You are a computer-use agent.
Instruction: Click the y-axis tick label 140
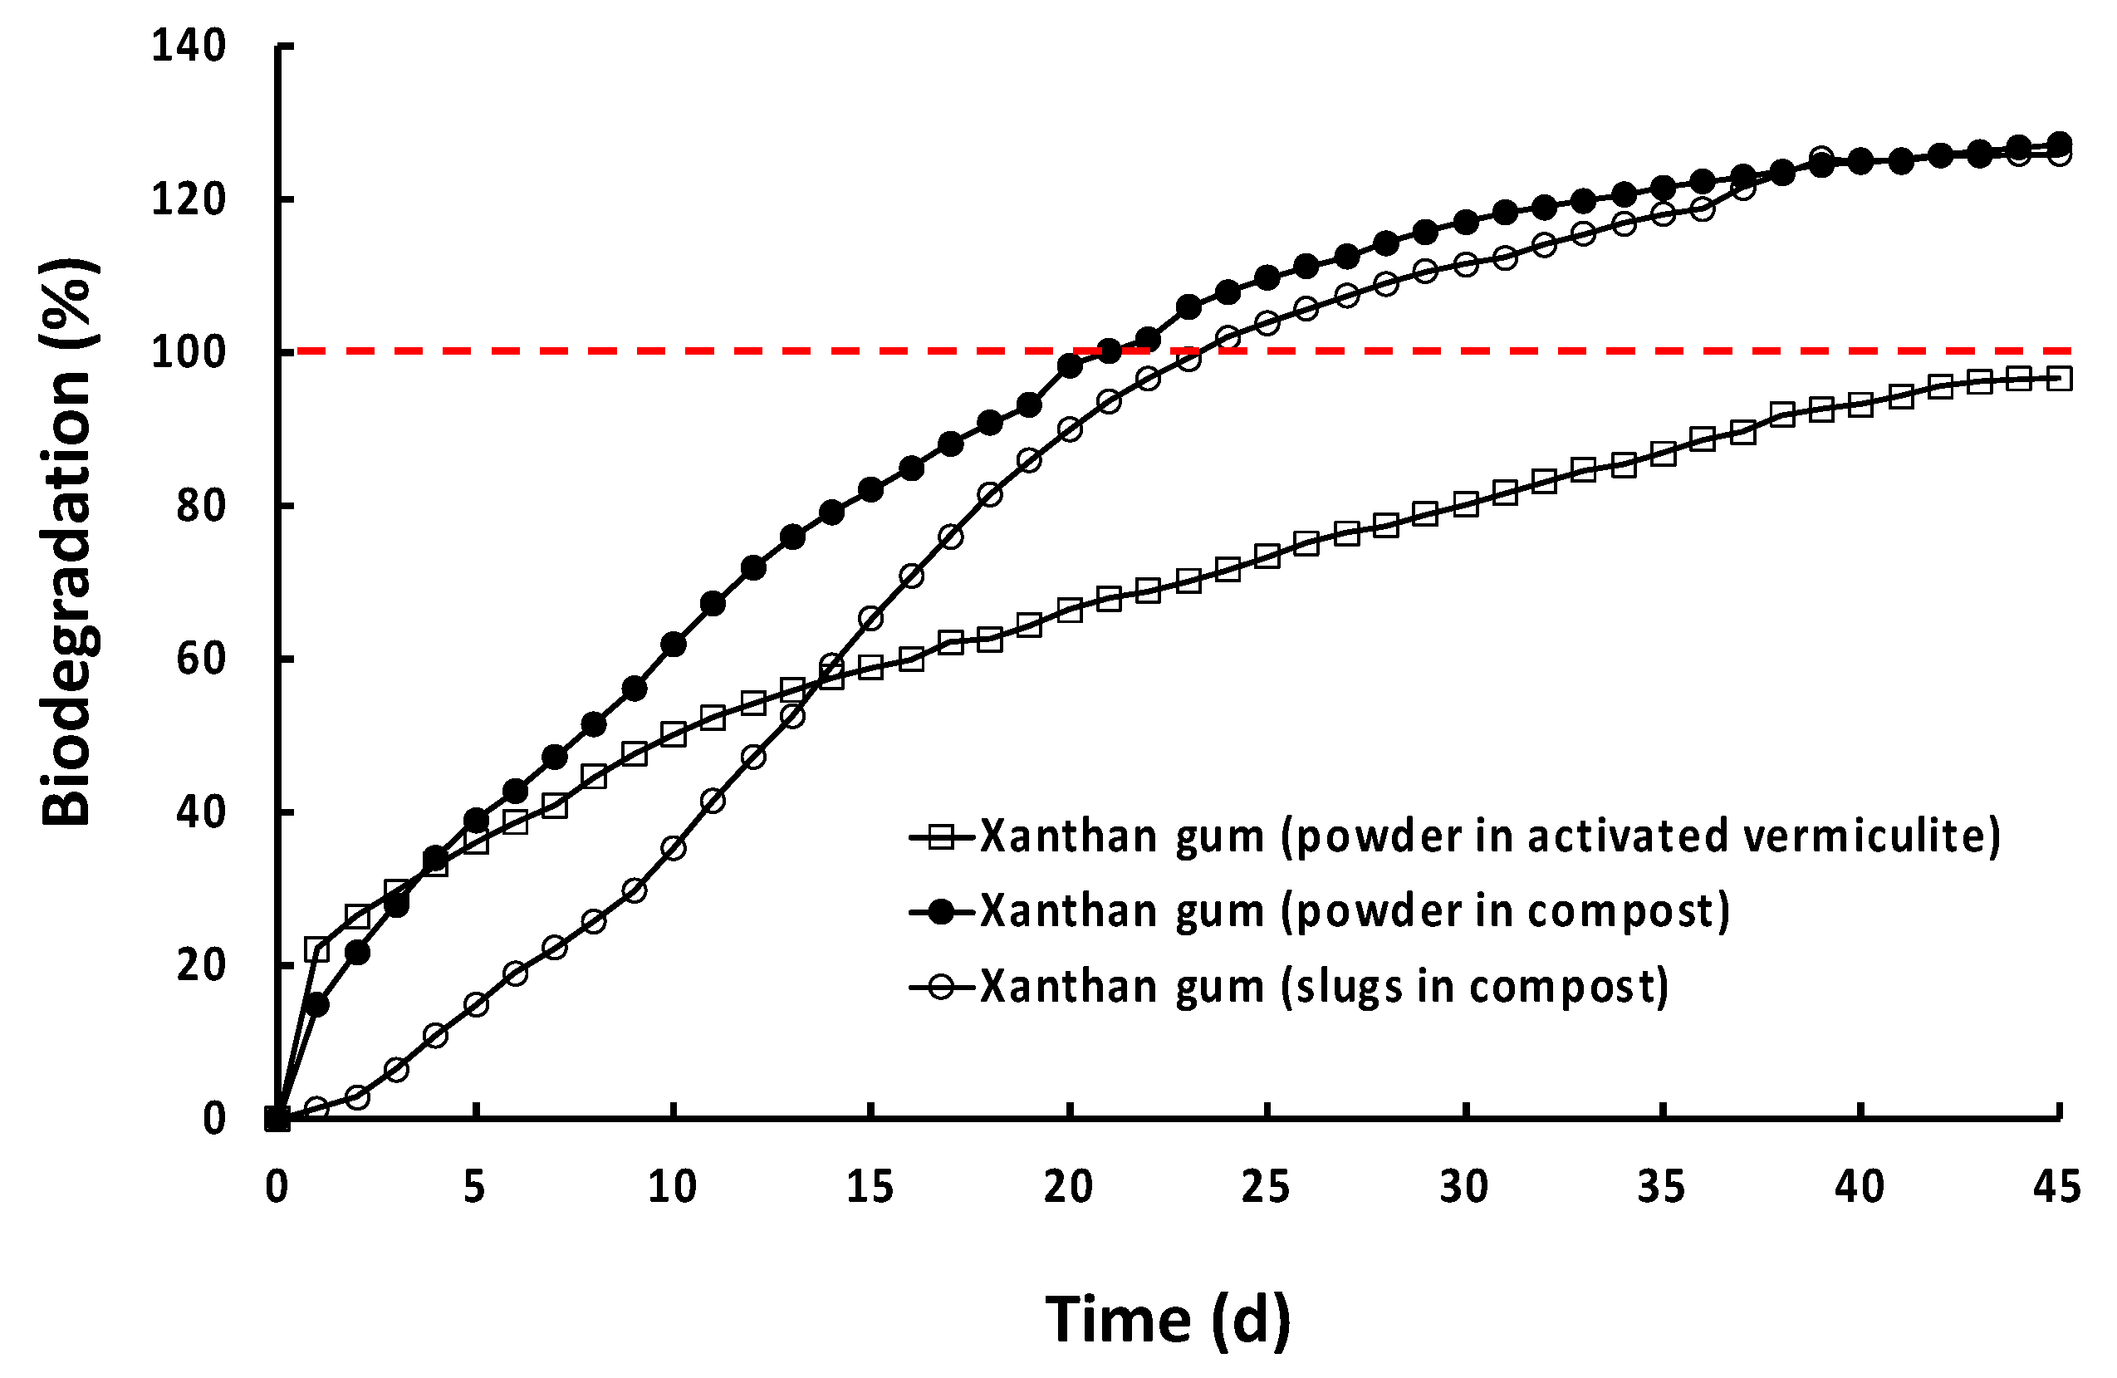point(189,46)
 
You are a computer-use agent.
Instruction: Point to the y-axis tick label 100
point(189,352)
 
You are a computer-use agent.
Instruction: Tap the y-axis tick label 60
point(201,660)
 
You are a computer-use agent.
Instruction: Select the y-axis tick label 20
point(201,965)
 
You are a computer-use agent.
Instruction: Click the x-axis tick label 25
point(1265,1187)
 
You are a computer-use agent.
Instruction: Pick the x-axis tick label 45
point(2057,1187)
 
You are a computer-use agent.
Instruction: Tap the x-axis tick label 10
point(672,1187)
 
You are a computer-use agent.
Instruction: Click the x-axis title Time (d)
point(1167,1319)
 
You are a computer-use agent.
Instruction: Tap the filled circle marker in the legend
point(940,912)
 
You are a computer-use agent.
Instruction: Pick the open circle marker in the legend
point(940,988)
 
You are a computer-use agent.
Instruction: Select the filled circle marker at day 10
point(674,645)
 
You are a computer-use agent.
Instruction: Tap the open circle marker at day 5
point(476,1005)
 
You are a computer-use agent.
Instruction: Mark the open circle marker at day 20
point(1070,429)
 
